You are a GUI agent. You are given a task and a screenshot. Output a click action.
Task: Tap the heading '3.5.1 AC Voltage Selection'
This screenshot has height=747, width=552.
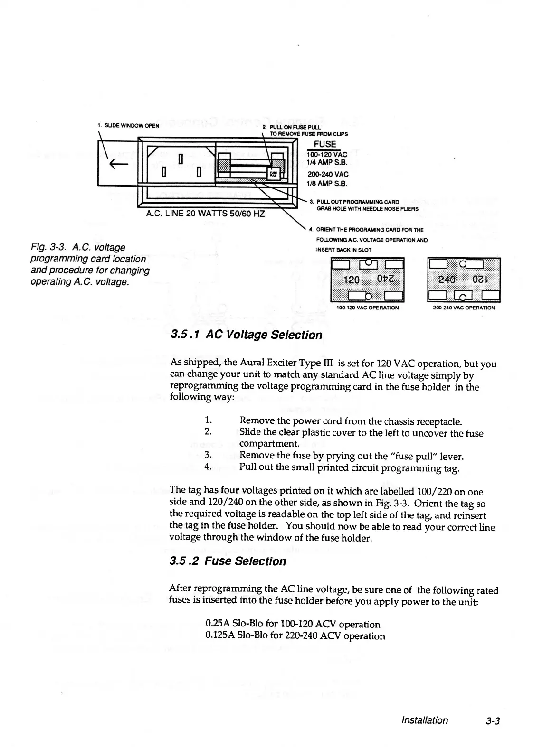click(246, 335)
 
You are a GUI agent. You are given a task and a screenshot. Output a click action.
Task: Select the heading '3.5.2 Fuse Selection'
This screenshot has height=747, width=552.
click(228, 561)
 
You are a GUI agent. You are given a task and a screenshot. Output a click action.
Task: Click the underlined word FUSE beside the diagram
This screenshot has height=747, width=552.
click(325, 144)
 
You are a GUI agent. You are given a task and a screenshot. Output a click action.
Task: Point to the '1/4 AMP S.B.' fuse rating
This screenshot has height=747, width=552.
click(328, 163)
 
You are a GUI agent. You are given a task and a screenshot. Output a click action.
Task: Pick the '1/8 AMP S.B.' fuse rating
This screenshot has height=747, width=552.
click(328, 183)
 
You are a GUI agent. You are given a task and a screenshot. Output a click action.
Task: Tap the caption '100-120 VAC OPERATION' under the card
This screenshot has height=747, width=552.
click(367, 308)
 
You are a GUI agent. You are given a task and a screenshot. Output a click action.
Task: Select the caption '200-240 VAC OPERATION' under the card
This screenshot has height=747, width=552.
click(464, 308)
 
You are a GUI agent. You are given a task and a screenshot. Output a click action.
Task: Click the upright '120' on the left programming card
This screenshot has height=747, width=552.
click(351, 280)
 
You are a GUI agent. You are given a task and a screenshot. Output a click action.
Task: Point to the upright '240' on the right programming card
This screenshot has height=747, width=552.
click(447, 280)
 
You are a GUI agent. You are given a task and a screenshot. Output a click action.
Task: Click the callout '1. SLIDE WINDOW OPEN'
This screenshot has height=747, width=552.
click(128, 126)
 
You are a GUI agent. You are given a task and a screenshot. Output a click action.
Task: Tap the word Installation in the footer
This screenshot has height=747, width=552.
click(424, 720)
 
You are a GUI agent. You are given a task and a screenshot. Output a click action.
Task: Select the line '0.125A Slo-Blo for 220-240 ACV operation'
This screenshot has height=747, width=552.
click(295, 636)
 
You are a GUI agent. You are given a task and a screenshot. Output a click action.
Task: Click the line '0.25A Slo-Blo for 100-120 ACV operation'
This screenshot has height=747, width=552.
click(293, 624)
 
